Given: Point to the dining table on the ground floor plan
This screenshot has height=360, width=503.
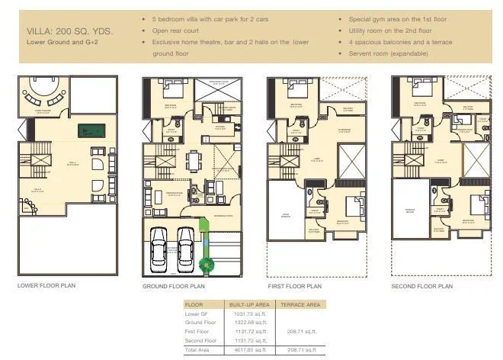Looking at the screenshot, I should tap(195, 161).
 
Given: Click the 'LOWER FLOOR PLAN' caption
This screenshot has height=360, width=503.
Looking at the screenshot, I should tap(46, 285).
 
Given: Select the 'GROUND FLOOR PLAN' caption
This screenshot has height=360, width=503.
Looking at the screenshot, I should tap(174, 286).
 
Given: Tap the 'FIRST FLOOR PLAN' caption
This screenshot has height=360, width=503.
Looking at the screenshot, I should tap(295, 286).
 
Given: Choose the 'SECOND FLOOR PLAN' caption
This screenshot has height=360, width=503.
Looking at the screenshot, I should tap(421, 286).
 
